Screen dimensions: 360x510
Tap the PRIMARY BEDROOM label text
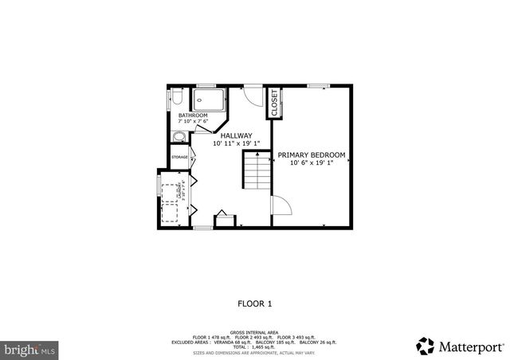pyautogui.click(x=312, y=155)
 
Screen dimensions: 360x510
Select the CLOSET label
pyautogui.click(x=275, y=102)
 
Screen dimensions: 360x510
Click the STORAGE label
pyautogui.click(x=180, y=158)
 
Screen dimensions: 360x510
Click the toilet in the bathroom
pyautogui.click(x=177, y=98)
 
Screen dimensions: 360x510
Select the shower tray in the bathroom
pyautogui.click(x=210, y=99)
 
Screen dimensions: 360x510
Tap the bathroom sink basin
pyautogui.click(x=178, y=136)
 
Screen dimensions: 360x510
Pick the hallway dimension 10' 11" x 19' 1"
pyautogui.click(x=237, y=144)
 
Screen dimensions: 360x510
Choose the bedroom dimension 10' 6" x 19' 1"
pyautogui.click(x=312, y=162)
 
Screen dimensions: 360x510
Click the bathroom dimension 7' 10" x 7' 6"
pyautogui.click(x=193, y=122)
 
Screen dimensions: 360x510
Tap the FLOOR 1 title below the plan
pyautogui.click(x=255, y=303)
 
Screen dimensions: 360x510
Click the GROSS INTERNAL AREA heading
pyautogui.click(x=255, y=332)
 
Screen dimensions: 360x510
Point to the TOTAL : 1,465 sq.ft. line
pyautogui.click(x=255, y=347)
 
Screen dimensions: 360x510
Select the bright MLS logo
pyautogui.click(x=30, y=349)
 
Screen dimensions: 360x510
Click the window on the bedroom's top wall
pyautogui.click(x=319, y=85)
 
